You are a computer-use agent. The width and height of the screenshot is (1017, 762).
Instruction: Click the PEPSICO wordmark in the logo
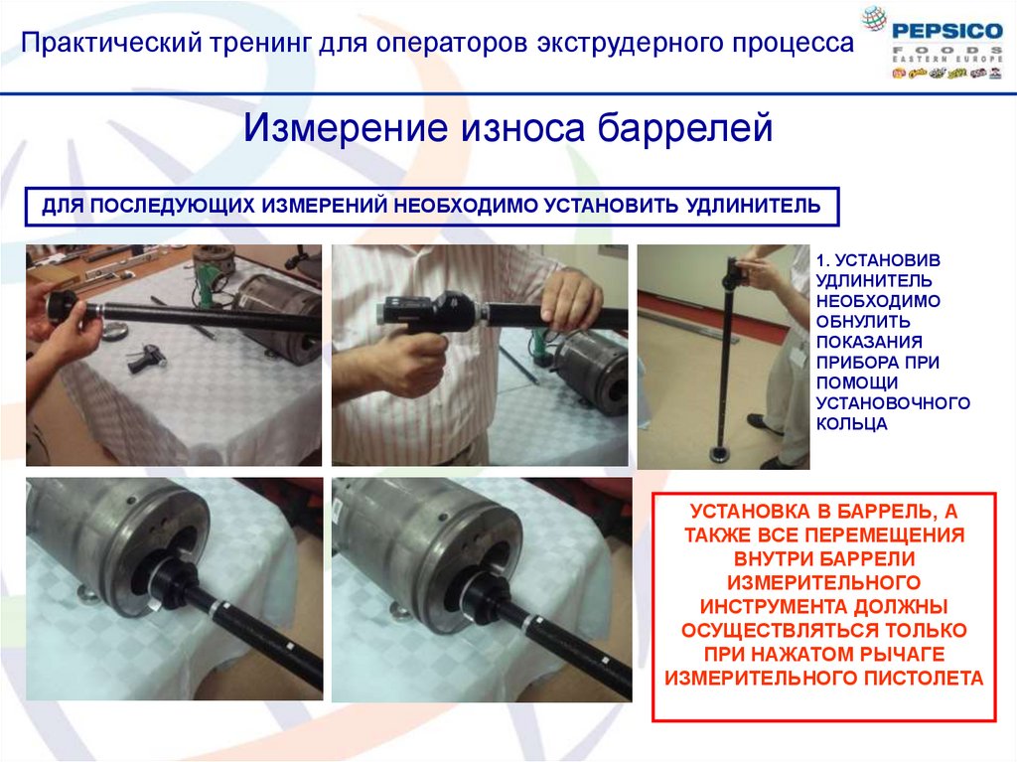pos(947,31)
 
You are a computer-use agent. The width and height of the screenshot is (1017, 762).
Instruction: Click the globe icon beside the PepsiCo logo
pos(874,19)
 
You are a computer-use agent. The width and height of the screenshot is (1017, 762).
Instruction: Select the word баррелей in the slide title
pos(685,128)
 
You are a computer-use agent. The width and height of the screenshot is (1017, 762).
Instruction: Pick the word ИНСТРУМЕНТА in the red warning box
pos(775,607)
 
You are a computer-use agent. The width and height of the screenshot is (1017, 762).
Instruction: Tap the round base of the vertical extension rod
pos(721,453)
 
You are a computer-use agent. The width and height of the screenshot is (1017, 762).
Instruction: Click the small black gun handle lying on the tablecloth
pos(147,359)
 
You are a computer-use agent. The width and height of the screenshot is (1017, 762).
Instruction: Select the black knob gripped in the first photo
pos(62,304)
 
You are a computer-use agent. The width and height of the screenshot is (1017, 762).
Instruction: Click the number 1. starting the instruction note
pos(822,260)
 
